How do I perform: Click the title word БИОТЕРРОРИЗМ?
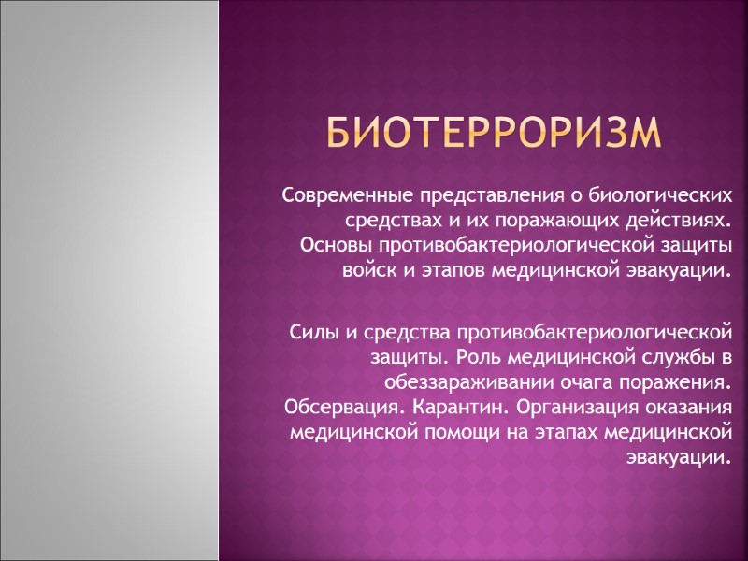point(494,134)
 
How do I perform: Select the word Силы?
point(311,333)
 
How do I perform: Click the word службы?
point(679,357)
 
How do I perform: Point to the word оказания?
point(687,407)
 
